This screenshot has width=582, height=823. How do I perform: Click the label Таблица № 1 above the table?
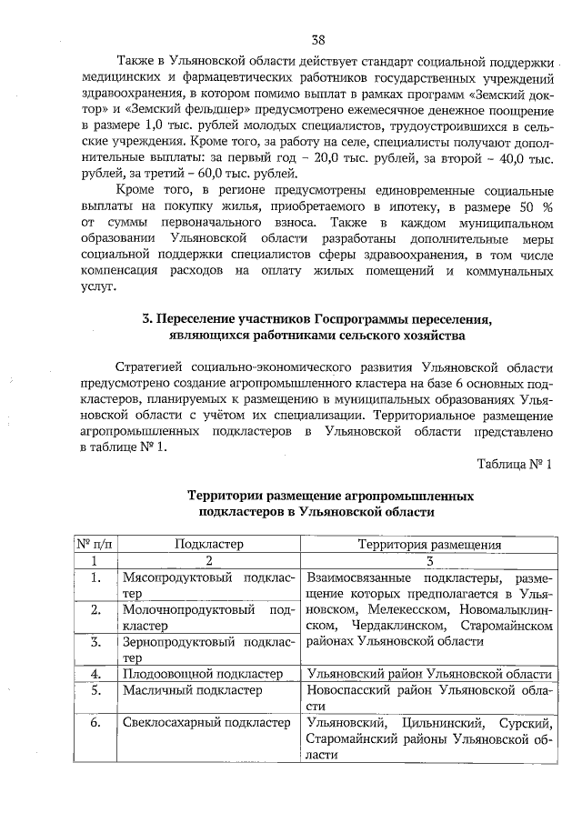515,464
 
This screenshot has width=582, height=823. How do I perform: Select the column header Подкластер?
208,545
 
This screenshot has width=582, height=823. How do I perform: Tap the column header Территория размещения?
429,545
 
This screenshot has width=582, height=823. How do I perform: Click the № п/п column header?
94,545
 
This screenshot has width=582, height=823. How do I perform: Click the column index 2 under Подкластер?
208,561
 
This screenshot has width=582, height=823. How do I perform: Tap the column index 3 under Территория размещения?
429,561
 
